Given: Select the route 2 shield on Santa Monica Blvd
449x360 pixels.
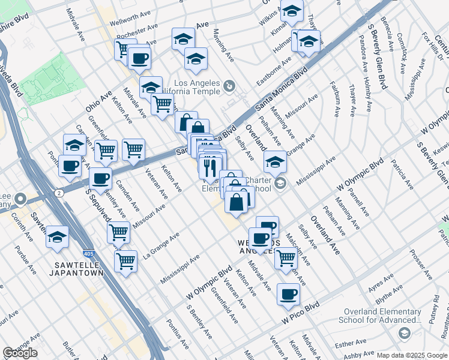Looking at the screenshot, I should [x=59, y=193].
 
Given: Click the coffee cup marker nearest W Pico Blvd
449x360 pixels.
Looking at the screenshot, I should [x=288, y=294].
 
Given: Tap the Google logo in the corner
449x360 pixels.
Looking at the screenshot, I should [x=20, y=353].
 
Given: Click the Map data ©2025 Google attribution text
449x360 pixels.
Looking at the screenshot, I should [x=412, y=355].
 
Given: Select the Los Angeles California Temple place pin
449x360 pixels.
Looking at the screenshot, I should [x=228, y=88].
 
